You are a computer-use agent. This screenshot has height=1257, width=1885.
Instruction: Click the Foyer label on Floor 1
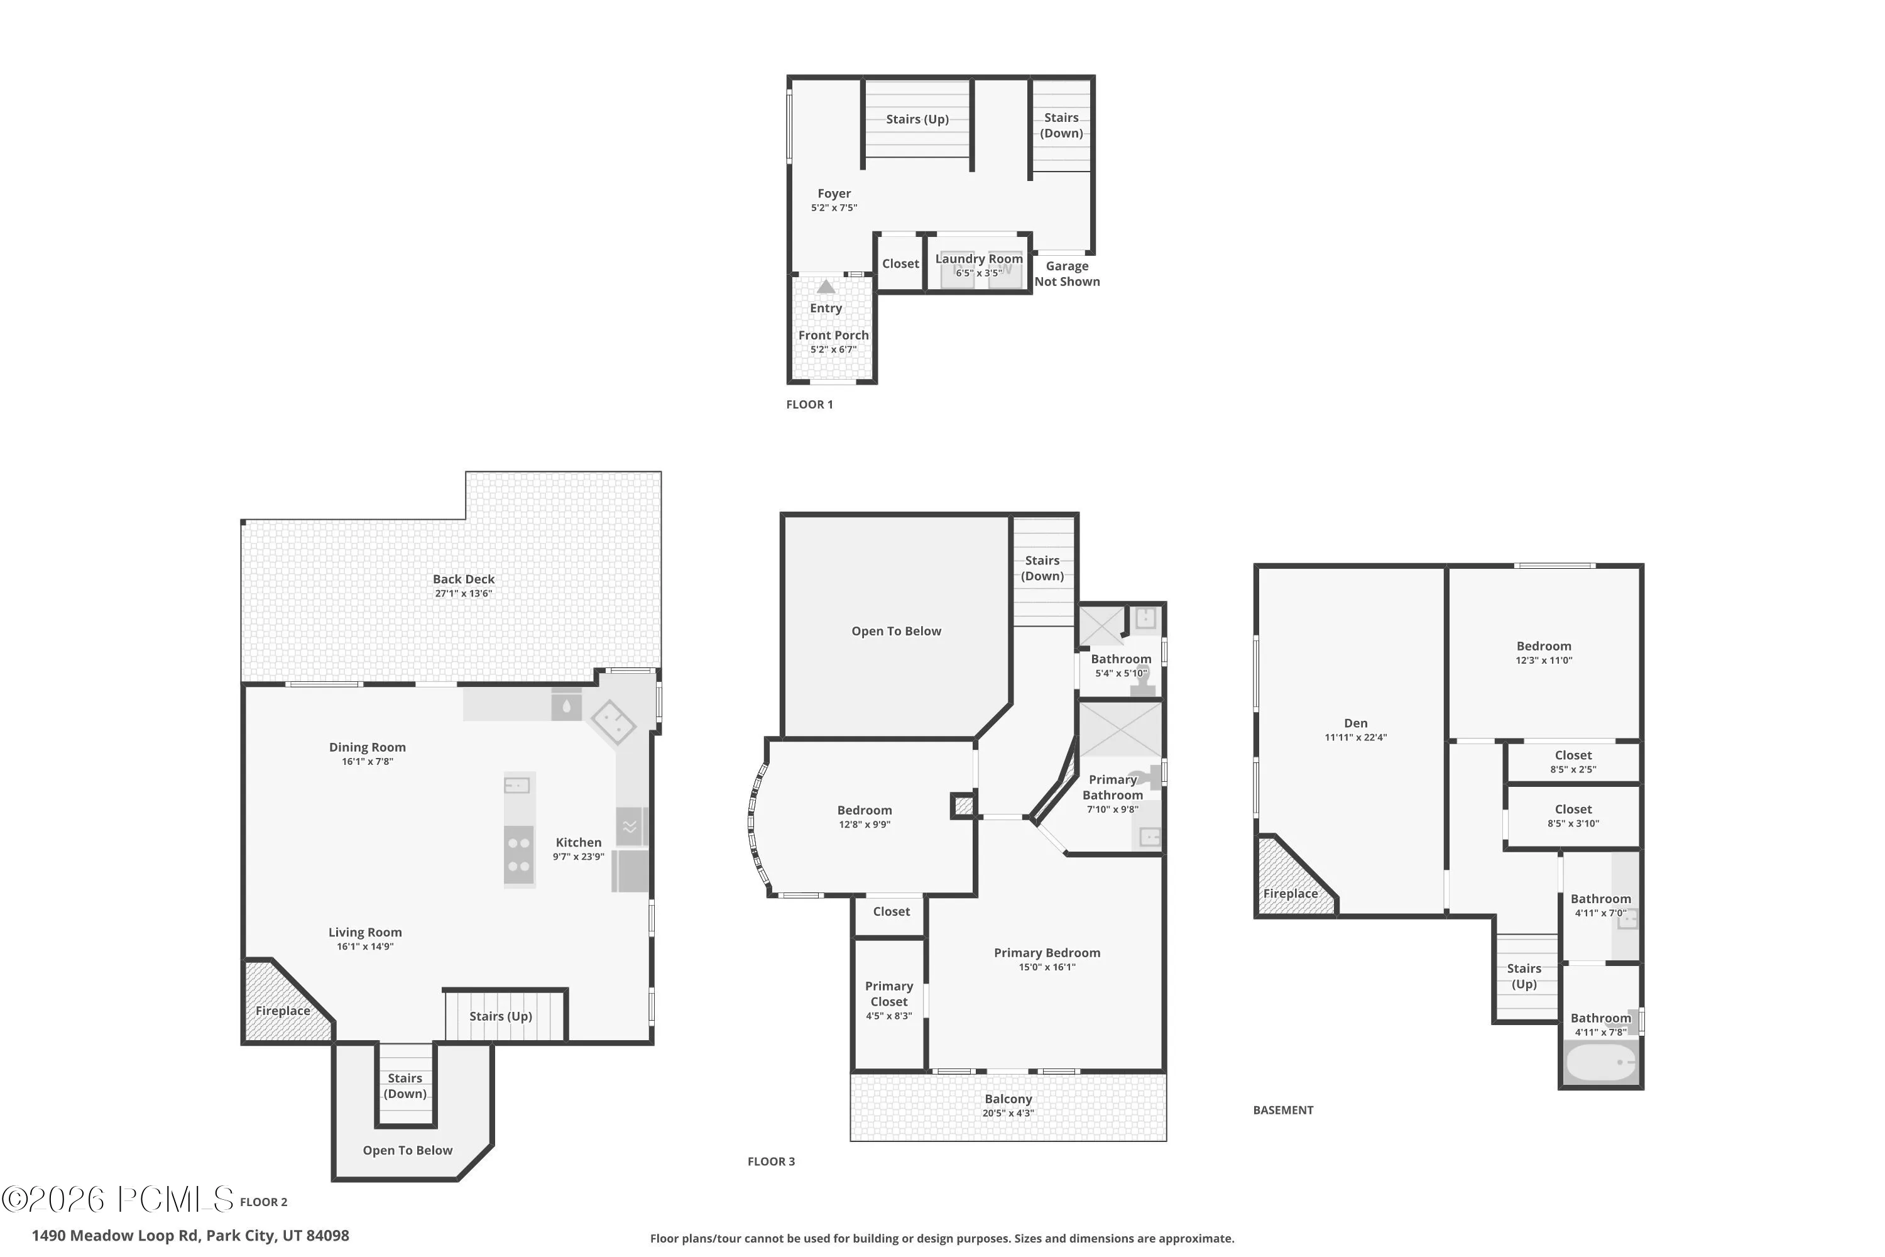834,193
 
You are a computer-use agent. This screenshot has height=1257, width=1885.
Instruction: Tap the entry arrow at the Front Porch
826,286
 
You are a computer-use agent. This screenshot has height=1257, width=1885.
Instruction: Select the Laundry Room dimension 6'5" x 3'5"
978,273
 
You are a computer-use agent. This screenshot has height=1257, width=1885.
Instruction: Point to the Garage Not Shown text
1067,273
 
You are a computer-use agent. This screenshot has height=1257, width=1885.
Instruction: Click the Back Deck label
463,579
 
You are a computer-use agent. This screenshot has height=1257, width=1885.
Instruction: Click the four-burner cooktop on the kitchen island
518,855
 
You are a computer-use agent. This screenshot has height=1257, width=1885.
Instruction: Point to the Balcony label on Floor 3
1008,1099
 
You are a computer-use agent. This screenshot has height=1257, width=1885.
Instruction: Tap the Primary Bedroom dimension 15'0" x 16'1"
1047,967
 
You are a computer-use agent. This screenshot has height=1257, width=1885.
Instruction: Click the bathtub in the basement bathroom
1600,1062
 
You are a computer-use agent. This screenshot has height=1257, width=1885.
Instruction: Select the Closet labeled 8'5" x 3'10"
1573,815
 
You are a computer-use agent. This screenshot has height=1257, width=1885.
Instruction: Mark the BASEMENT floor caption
1283,1111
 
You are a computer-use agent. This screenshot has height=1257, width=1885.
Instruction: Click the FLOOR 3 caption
771,1161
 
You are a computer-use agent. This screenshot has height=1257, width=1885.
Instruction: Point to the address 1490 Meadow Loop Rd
116,1236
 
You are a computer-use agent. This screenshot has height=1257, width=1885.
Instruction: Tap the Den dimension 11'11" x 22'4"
1355,737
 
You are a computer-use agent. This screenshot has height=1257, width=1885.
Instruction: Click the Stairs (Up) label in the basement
1524,977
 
